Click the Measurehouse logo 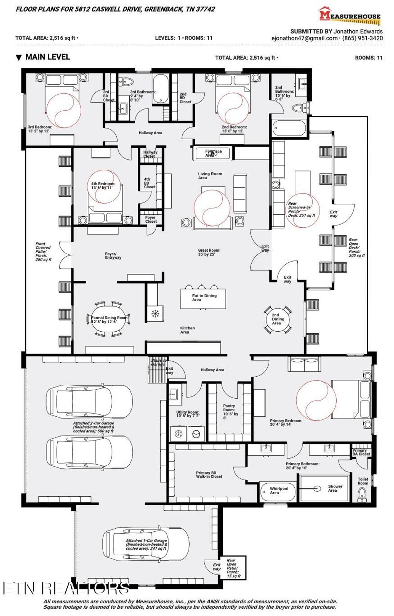[349, 16]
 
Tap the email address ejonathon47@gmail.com [304, 38]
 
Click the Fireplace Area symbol [213, 153]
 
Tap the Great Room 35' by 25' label [209, 252]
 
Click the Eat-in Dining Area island [203, 298]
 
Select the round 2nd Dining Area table [278, 319]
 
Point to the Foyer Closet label [151, 219]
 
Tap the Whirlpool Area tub [278, 491]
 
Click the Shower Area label [334, 488]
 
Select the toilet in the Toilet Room [362, 494]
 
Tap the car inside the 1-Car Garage [147, 544]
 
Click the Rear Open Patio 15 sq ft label [233, 568]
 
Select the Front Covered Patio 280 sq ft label [43, 252]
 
